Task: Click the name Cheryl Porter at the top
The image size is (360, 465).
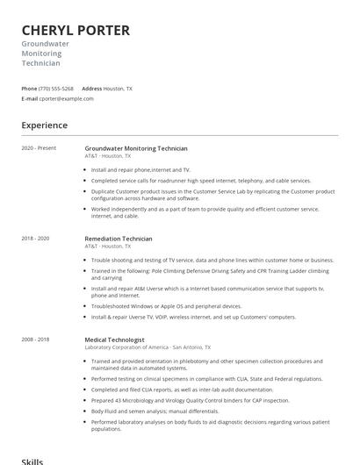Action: tap(76, 31)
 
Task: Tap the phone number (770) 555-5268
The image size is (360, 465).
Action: tap(57, 89)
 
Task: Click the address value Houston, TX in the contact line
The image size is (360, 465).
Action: tap(118, 89)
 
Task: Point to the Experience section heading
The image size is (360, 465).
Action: tap(45, 125)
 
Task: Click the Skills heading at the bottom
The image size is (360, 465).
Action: tap(32, 459)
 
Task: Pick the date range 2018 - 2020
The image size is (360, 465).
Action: tap(35, 239)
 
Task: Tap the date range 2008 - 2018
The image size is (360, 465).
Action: tap(35, 339)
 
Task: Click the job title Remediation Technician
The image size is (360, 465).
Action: tap(119, 239)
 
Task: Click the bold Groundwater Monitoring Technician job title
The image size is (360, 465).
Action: tap(136, 147)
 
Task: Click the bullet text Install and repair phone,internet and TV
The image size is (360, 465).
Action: tap(140, 169)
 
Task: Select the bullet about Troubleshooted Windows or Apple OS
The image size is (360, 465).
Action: tap(166, 306)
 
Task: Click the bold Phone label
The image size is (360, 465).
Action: tap(29, 89)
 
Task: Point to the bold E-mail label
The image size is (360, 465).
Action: tap(29, 98)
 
